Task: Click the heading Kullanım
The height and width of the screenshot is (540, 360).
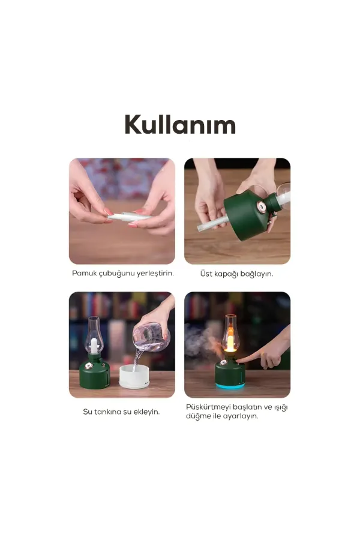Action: pos(180,124)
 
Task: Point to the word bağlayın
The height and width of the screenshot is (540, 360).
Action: pos(257,274)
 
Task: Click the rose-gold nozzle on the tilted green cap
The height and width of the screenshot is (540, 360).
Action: pos(262,207)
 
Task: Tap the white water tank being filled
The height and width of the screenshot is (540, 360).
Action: pos(134,376)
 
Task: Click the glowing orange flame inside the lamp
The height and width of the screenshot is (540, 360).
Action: pos(230,342)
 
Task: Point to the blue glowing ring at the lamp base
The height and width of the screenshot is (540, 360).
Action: pos(230,386)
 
